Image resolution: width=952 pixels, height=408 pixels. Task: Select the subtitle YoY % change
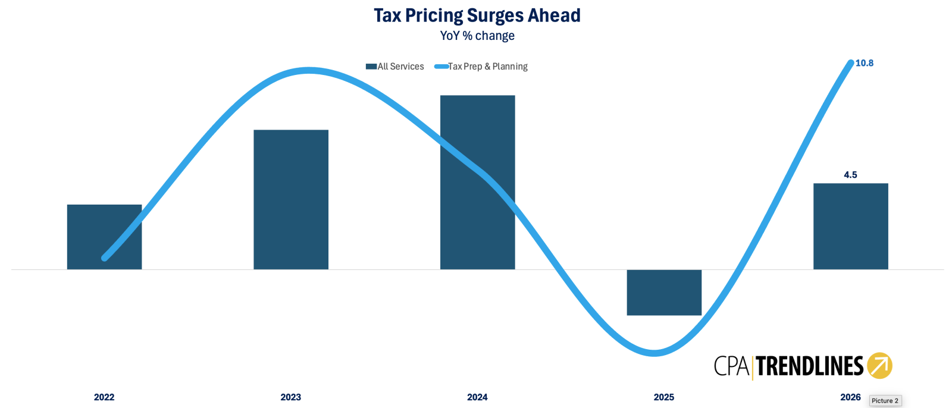tap(477, 36)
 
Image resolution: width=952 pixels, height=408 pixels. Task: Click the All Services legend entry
tap(395, 67)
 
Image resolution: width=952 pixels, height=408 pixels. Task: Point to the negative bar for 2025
tap(664, 293)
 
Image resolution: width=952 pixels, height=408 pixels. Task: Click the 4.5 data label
tap(850, 175)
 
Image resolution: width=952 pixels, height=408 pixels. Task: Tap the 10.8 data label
tap(865, 63)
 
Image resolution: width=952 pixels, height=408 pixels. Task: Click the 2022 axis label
tap(104, 397)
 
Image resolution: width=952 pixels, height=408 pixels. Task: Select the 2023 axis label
tap(291, 397)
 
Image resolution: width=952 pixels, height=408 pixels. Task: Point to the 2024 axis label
tap(477, 397)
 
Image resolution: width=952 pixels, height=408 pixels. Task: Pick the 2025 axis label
tap(664, 397)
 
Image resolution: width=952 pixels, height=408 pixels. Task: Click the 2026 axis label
tap(850, 397)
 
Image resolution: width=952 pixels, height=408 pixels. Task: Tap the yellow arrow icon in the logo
tap(879, 366)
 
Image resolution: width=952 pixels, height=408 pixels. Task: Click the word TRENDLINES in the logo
tap(809, 366)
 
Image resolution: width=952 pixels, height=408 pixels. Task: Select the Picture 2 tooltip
tap(885, 401)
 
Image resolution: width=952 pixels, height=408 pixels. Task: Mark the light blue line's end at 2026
tap(850, 63)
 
